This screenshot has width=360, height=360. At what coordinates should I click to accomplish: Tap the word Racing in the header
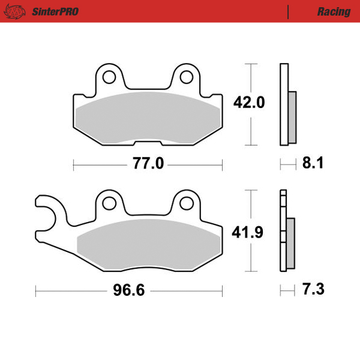[x=334, y=11]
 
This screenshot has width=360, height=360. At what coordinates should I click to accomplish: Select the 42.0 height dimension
[x=249, y=103]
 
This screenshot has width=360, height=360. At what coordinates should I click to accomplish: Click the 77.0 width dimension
[x=148, y=163]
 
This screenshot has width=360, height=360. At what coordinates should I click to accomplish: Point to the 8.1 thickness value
[x=312, y=163]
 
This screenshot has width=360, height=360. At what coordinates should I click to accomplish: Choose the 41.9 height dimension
[x=248, y=232]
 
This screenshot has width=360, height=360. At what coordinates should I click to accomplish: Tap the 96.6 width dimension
[x=129, y=292]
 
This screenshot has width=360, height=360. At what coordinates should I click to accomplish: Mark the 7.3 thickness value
[x=312, y=290]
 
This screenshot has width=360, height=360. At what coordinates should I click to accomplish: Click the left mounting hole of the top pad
[x=109, y=77]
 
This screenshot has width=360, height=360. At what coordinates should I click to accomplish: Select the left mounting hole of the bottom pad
[x=109, y=203]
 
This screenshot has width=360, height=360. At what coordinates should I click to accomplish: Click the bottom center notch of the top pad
[x=148, y=142]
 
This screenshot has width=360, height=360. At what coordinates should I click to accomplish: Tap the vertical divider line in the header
[x=289, y=11]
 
